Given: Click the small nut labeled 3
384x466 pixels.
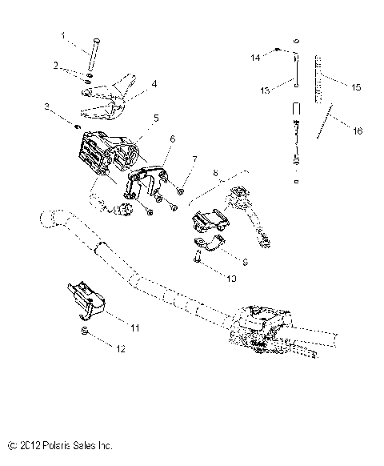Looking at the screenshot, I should [75, 126].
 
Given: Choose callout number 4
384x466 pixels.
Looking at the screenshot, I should [154, 83].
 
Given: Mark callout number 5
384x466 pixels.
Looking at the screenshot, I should [156, 118].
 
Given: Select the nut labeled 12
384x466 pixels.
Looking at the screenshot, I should [84, 331].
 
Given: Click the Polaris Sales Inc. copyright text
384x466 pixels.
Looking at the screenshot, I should [59, 443].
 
